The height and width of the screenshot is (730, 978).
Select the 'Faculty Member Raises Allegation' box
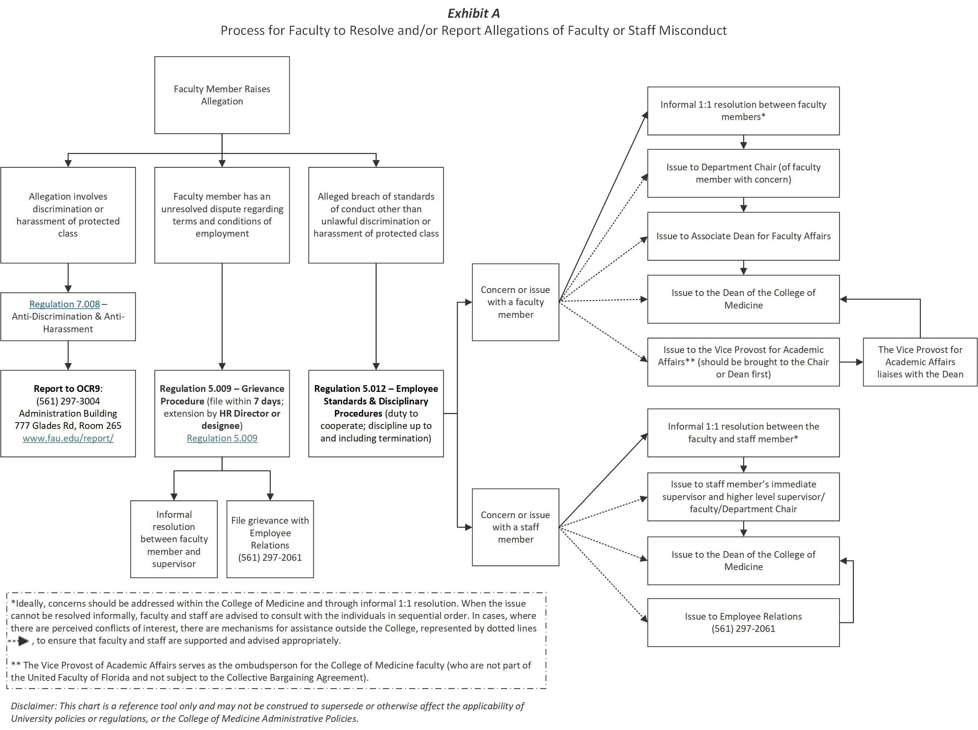222,95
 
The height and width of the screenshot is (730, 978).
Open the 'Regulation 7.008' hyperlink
64,304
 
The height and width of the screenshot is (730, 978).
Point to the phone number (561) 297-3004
68,401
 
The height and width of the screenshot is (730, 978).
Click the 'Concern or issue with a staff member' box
515,527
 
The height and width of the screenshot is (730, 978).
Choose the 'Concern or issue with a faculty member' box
515,302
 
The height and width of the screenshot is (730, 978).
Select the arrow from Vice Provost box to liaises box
850,362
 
